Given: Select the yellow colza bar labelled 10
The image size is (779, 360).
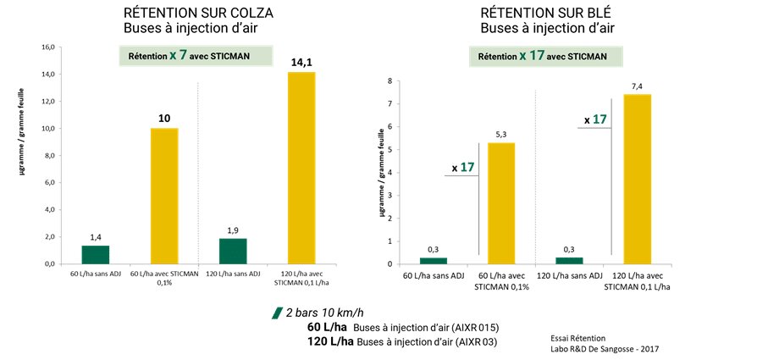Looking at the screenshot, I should pos(164,196).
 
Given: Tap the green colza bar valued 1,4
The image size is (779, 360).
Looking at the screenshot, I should pos(96,254).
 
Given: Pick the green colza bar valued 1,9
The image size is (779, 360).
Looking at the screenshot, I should pos(233,251).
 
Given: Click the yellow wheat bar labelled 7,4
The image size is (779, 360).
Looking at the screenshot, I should pos(637,179).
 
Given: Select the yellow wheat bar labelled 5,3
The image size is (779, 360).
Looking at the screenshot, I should pos(500,203).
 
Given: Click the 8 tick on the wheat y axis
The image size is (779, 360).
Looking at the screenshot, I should pos(389,81).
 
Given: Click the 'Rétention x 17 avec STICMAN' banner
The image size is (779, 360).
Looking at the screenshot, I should pos(549,57).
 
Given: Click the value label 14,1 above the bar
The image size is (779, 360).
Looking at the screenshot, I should pos(302,61).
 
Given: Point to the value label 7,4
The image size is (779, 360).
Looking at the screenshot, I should pos(637,86).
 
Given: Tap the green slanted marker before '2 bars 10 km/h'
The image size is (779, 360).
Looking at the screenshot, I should pos(277,313).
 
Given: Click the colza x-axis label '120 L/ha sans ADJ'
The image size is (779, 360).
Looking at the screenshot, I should pos(233,275).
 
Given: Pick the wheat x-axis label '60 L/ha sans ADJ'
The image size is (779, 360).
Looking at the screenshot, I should pos(433,275).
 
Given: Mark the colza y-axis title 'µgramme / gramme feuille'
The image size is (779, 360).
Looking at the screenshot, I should pos(23,156).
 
